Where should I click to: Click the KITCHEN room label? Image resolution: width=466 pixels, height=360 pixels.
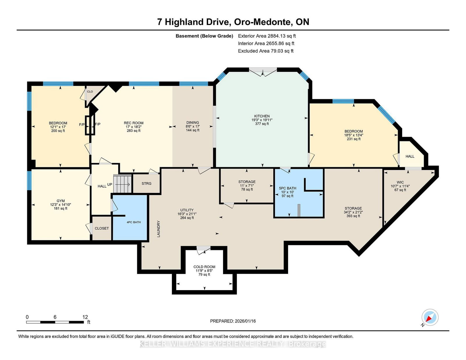coord(262,116)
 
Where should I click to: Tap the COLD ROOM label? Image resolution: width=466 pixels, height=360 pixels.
coord(204,267)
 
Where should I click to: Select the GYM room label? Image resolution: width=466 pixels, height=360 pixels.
coord(61,201)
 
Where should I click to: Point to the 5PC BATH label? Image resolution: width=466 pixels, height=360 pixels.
coord(287,188)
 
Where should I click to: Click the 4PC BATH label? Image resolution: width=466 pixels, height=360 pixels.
coord(134,222)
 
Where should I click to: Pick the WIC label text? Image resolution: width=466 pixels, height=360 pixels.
coord(400,182)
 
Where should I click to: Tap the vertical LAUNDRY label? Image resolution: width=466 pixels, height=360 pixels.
coord(159,229)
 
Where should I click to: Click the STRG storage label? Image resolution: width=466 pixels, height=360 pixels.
coord(146,183)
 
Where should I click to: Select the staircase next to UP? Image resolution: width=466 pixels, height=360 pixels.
coord(122,184)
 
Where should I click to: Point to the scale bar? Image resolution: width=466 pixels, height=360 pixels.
coord(55,322)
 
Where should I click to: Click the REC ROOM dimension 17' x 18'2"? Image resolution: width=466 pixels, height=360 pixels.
coord(134,127)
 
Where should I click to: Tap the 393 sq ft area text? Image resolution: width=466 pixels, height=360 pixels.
coord(353,216)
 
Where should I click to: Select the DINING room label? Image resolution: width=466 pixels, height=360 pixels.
coord(193,123)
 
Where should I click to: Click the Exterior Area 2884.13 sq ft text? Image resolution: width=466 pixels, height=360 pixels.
coord(267,36)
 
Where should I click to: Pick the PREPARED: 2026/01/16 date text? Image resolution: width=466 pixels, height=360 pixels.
coord(233,321)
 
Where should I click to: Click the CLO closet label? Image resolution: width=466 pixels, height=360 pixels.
coord(90,91)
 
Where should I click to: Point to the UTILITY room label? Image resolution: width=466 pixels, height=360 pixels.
coord(187,210)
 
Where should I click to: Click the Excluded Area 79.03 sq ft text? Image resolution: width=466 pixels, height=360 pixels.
coord(266,51)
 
